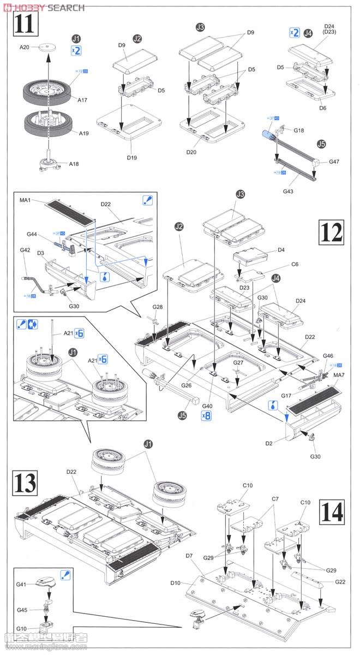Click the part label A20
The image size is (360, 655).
pos(25,47)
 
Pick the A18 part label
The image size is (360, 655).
pos(75,164)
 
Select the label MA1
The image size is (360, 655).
pos(25,201)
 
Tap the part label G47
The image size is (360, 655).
pos(334,162)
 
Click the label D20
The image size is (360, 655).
pos(190,152)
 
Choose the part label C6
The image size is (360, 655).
pos(295,264)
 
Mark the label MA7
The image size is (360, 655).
pos(339,375)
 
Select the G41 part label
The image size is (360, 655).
pos(21,584)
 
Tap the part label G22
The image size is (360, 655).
pos(340,582)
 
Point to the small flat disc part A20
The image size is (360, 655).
pos(49,46)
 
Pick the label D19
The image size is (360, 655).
pos(132,158)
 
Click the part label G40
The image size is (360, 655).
pos(207,406)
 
